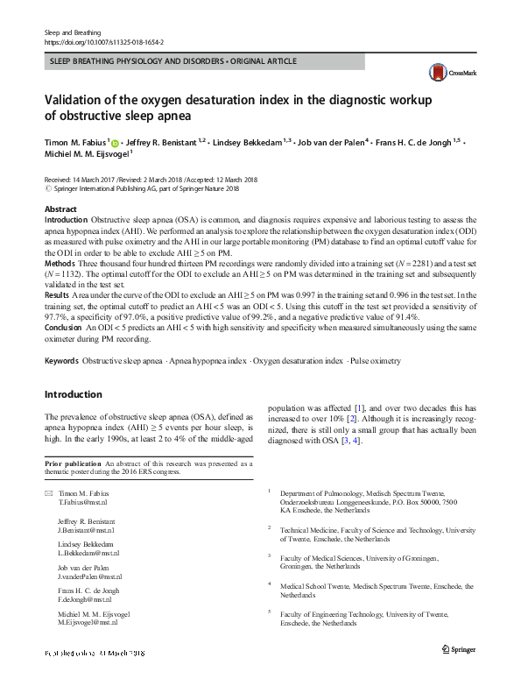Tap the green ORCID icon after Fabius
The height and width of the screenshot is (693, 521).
click(x=117, y=140)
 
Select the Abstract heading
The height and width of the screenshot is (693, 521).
click(x=60, y=209)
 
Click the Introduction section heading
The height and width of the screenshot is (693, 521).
click(x=74, y=394)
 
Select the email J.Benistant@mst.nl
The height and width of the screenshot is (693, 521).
click(x=87, y=530)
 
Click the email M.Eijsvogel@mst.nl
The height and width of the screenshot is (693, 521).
click(x=88, y=622)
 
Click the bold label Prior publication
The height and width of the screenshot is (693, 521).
click(x=71, y=463)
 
